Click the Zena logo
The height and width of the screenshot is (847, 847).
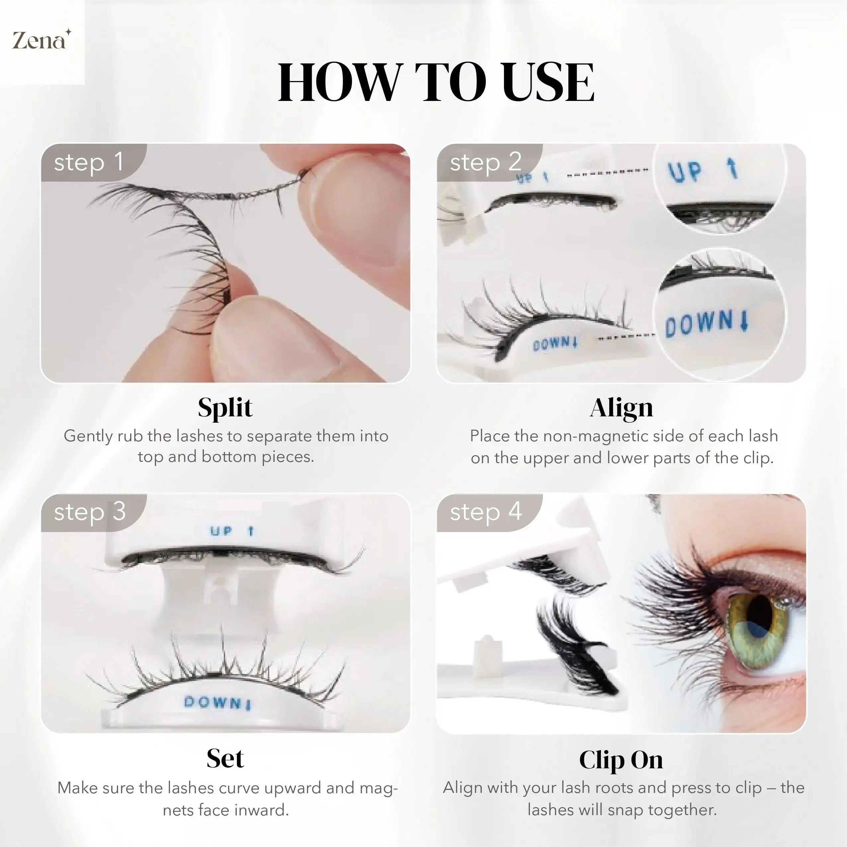40,40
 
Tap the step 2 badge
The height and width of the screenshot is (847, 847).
485,162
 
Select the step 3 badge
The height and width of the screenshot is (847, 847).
90,512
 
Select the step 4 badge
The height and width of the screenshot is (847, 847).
486,512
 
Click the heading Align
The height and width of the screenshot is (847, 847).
621,407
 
